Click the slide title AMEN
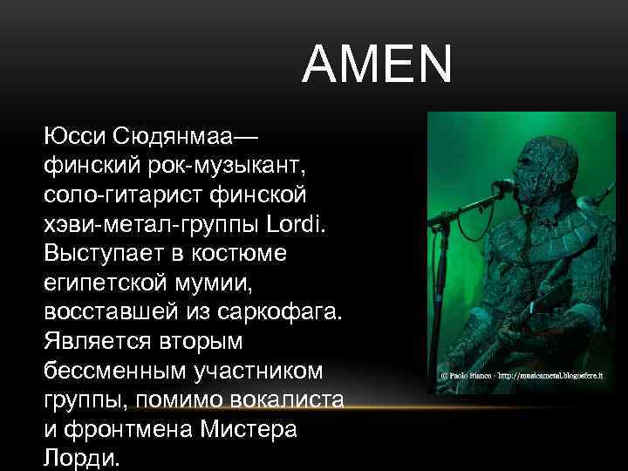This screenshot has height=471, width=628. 378,65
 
